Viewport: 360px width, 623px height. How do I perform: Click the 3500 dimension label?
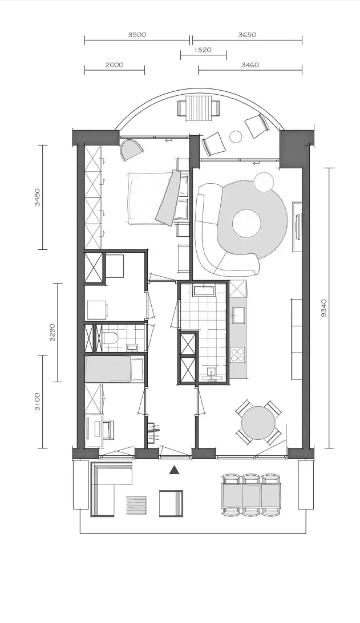(x=137, y=35)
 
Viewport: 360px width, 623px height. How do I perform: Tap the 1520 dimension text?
(x=203, y=50)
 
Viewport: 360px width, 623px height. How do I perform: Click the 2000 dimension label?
(x=115, y=65)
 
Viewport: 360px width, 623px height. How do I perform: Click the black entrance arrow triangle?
(x=173, y=471)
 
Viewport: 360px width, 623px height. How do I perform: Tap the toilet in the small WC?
(x=110, y=339)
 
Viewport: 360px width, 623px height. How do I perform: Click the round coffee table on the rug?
(x=247, y=223)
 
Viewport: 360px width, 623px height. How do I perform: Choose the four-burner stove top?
(x=237, y=354)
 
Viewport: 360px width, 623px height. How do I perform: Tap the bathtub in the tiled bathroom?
(x=204, y=290)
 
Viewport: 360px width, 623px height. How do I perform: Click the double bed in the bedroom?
(x=157, y=197)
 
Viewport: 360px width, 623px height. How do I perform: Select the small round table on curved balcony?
(x=236, y=136)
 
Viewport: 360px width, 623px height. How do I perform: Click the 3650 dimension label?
(x=247, y=35)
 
